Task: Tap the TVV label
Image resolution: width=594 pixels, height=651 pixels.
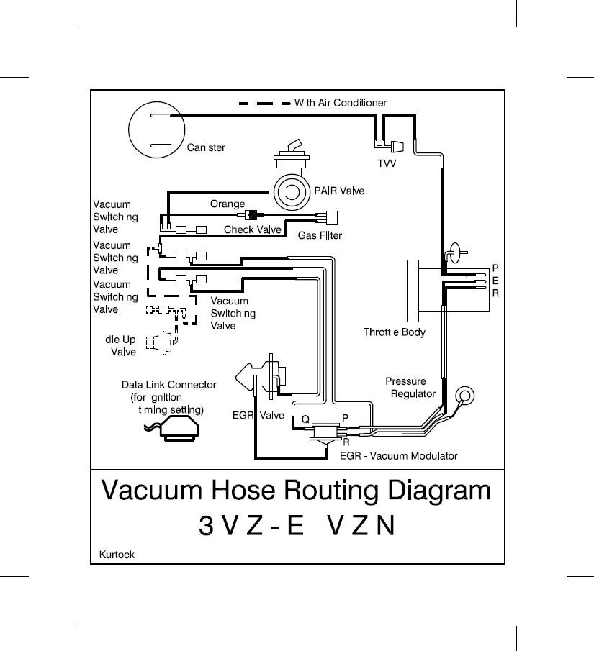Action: (387, 163)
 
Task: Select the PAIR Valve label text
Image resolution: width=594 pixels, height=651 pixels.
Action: (339, 191)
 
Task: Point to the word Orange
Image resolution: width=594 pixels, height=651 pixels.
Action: (228, 204)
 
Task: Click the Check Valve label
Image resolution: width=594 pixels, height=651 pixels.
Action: (252, 230)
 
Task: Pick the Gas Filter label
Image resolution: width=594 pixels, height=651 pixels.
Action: (320, 235)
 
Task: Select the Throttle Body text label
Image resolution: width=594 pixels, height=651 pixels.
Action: (394, 332)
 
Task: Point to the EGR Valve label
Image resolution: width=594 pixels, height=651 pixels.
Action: (258, 415)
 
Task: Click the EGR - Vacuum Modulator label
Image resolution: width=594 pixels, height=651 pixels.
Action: (398, 456)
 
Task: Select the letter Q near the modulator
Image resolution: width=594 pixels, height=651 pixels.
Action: (305, 417)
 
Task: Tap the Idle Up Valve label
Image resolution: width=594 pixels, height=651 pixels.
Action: (119, 346)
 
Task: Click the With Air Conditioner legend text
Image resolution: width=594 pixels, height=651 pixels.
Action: (340, 103)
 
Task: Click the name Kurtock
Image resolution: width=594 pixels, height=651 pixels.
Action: (116, 555)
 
